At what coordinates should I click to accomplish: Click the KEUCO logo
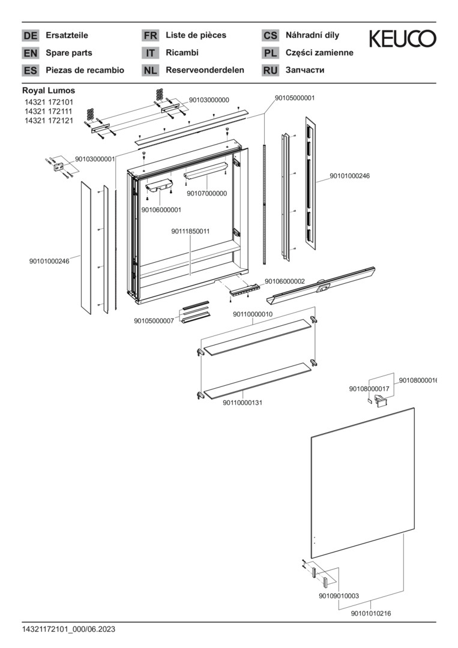[402, 39]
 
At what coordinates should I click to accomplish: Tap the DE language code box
[30, 35]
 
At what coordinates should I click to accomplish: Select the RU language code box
[270, 70]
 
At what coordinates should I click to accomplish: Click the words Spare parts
[69, 53]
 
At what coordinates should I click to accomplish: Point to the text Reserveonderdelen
[205, 70]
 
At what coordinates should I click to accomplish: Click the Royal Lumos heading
[49, 91]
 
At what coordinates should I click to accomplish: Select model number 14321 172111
[49, 112]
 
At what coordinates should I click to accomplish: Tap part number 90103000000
[209, 100]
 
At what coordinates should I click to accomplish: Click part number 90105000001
[295, 97]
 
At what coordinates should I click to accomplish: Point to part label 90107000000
[206, 193]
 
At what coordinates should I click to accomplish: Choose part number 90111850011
[190, 232]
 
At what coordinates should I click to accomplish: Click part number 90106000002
[285, 281]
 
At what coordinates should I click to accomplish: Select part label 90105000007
[154, 321]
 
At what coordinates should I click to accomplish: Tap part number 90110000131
[243, 403]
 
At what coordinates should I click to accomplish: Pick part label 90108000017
[369, 389]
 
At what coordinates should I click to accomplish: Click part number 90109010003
[339, 596]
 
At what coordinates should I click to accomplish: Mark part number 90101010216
[371, 613]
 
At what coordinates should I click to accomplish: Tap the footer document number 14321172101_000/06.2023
[68, 629]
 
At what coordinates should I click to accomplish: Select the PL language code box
[270, 53]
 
